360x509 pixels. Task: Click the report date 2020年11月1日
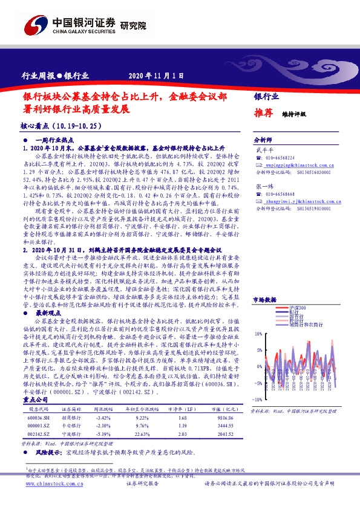tap(156, 76)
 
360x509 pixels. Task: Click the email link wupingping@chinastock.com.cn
tap(297, 164)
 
